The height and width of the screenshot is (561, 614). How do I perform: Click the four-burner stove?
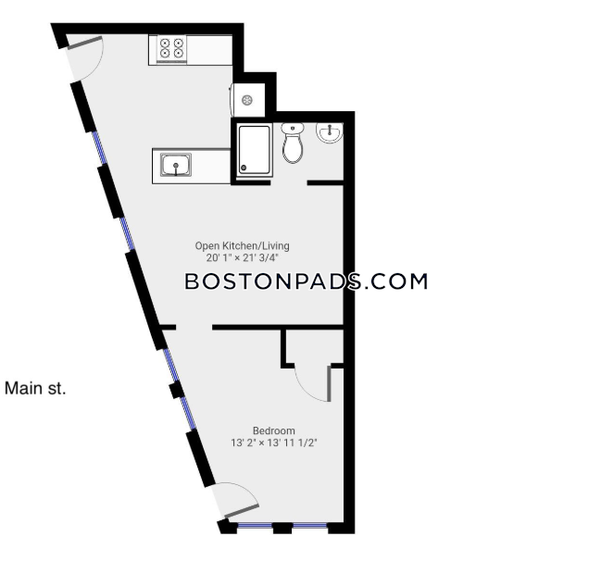click(171, 50)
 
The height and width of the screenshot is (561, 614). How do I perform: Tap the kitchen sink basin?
click(176, 165)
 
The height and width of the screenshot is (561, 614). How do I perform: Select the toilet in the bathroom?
click(293, 143)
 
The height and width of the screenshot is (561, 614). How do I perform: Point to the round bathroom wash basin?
click(330, 132)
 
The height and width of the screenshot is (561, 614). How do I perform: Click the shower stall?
click(254, 150)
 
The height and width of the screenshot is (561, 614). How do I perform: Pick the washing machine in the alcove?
click(247, 100)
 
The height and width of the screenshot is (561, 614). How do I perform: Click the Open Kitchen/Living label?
click(242, 246)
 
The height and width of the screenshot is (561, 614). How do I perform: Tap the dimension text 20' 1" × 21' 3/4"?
click(242, 258)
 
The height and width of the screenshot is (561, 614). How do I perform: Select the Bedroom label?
click(274, 430)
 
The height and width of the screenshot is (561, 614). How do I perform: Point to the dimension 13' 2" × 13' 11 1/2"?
click(274, 443)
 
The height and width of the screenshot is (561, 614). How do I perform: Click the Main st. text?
click(35, 389)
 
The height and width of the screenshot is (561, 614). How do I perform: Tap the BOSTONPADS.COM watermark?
click(306, 281)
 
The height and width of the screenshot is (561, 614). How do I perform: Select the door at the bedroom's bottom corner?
click(236, 502)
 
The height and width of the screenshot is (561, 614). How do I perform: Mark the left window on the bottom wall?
click(255, 525)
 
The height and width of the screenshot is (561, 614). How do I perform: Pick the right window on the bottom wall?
click(309, 525)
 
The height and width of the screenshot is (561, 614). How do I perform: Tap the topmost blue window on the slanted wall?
click(99, 147)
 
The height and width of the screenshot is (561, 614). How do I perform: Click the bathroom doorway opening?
click(289, 182)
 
